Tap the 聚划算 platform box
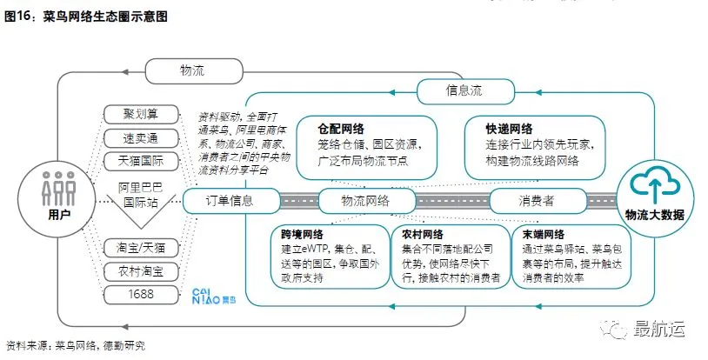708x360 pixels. (140, 115)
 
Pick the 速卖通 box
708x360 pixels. (140, 137)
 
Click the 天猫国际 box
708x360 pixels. (140, 161)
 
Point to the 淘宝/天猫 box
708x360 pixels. (140, 249)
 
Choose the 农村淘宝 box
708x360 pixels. (140, 271)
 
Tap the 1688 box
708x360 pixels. (140, 294)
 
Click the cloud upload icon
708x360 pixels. (653, 185)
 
